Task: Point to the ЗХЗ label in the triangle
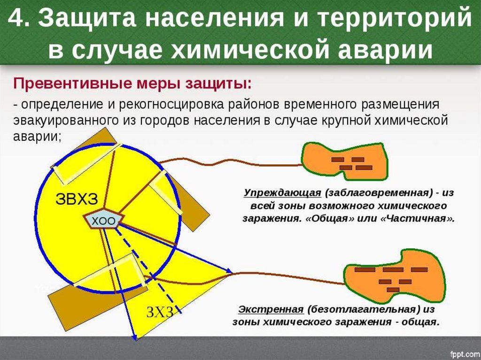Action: pos(160,311)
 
